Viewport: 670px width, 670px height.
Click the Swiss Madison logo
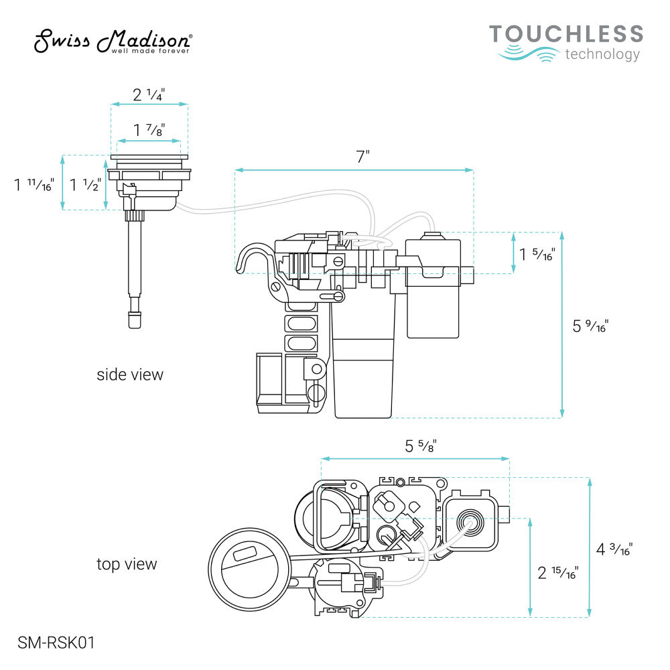pos(113,42)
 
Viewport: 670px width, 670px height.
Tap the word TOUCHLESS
pos(566,34)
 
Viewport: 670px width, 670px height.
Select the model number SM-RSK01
pos(56,643)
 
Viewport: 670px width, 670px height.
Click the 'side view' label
pos(130,375)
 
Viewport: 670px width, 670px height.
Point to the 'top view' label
pos(127,564)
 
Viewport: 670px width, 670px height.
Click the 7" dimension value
pos(362,157)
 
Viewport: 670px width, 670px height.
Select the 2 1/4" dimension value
pos(149,94)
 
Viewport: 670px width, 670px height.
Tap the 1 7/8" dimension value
pos(149,130)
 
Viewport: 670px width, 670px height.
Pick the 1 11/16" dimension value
pos(33,185)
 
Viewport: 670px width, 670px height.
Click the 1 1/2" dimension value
pos(86,185)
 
